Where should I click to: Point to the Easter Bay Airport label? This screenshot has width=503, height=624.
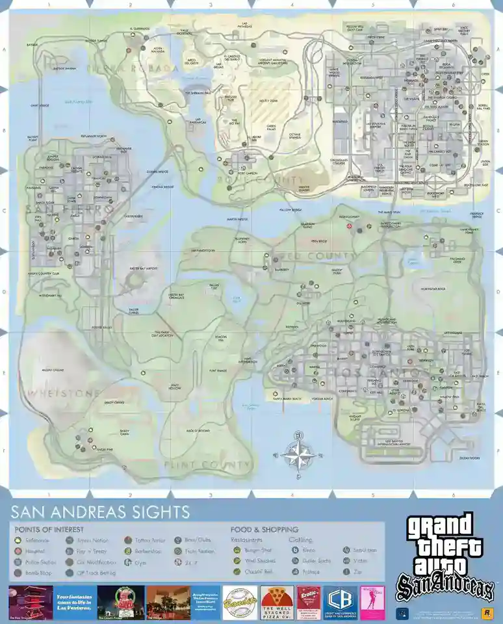point(144,268)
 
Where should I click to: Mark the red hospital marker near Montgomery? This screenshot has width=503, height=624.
point(350,226)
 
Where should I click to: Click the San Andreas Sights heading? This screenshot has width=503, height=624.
point(101,512)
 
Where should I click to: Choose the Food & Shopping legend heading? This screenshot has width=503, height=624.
point(264,529)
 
